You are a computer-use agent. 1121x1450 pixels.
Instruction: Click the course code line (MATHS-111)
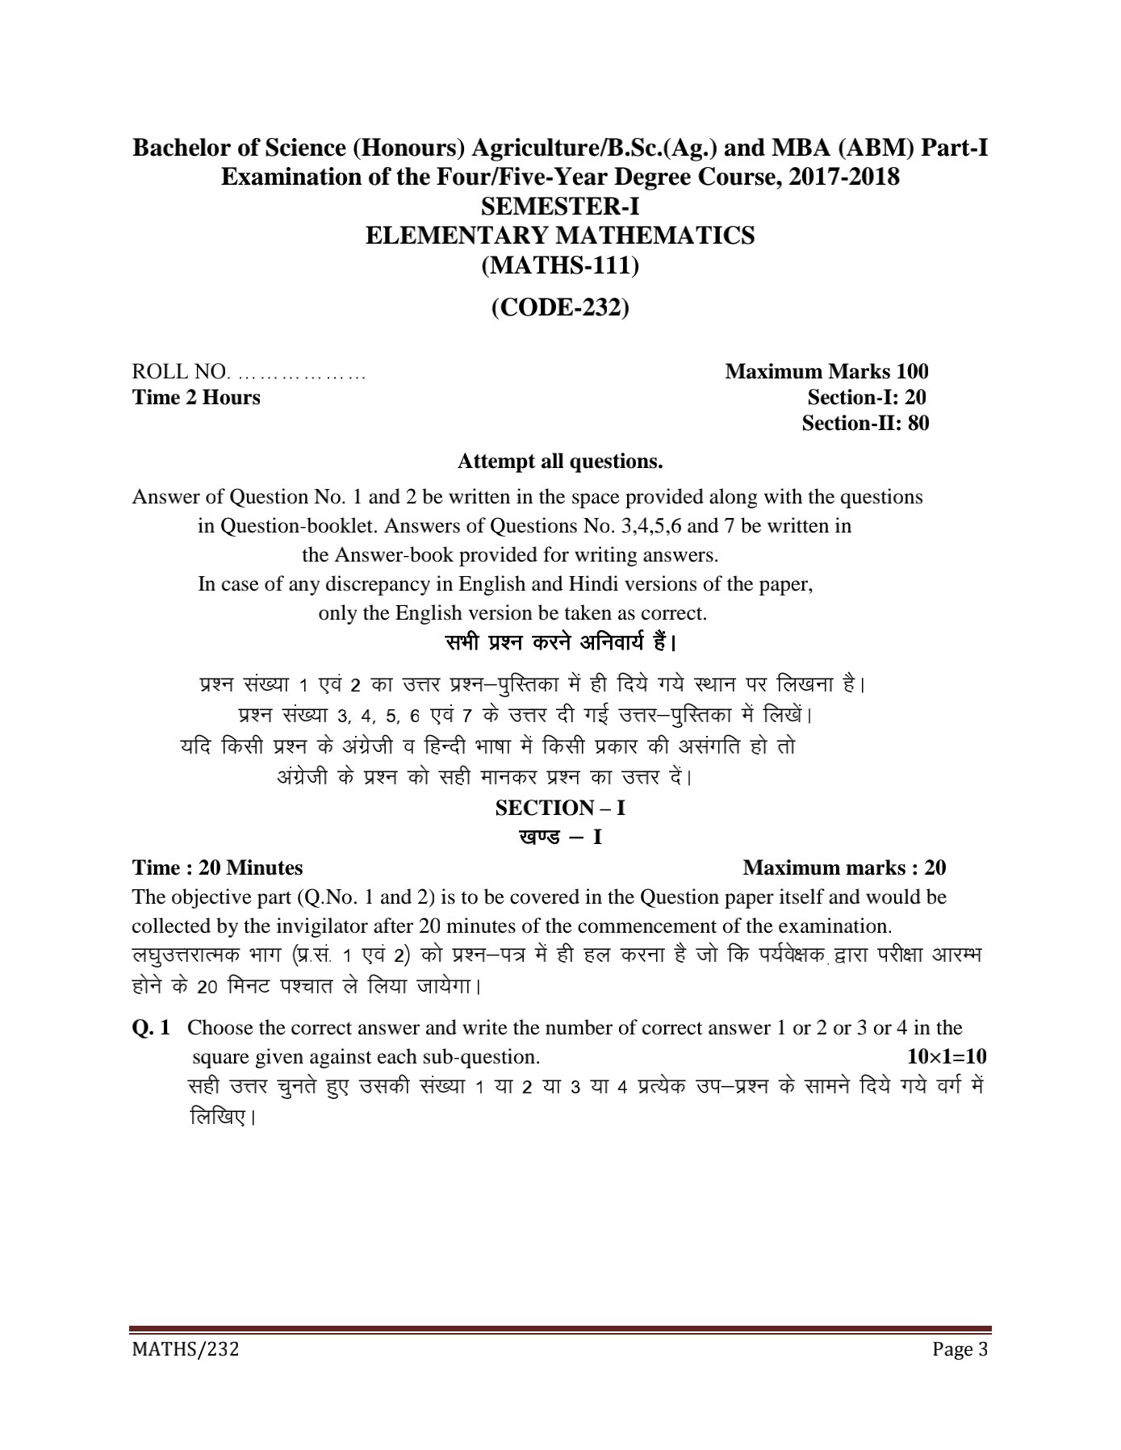pos(560,265)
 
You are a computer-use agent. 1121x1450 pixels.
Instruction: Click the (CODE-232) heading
pos(560,307)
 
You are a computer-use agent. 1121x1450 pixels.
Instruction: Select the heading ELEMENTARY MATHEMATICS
pos(560,236)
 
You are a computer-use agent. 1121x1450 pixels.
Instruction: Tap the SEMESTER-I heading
pos(560,207)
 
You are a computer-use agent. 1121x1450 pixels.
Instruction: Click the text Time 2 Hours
pos(196,397)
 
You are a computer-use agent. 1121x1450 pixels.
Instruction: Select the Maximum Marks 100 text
pos(826,371)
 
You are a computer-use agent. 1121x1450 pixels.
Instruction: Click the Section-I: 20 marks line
pos(867,397)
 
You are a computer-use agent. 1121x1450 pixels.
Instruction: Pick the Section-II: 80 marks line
pos(865,423)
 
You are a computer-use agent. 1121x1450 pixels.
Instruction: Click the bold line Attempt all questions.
pos(560,462)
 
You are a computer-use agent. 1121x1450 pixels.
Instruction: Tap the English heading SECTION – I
pos(560,808)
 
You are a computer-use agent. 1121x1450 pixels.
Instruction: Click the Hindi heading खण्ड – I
pos(560,837)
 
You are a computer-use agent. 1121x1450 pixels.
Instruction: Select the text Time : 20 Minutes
pos(218,867)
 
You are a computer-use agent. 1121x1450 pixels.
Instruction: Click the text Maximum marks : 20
pos(844,867)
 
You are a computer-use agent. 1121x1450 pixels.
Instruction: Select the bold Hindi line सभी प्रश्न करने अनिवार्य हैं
pos(560,644)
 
